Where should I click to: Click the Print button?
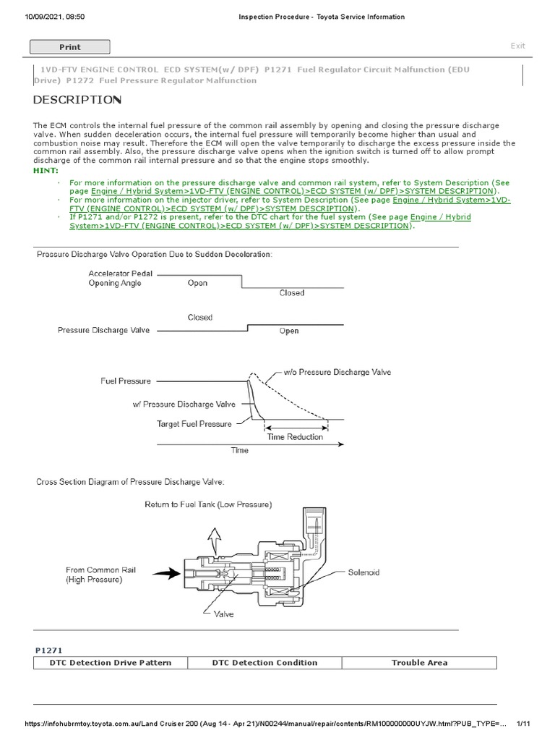coord(69,47)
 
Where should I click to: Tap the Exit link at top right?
coord(517,46)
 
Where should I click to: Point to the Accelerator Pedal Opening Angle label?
coord(115,279)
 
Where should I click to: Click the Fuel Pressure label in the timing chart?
coord(126,381)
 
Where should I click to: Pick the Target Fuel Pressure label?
coord(194,423)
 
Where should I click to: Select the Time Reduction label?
coord(295,436)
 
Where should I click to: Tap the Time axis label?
coord(239,450)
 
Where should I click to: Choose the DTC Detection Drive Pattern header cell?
coord(110,662)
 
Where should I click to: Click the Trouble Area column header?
coord(419,662)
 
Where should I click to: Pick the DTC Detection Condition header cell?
coord(264,662)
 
